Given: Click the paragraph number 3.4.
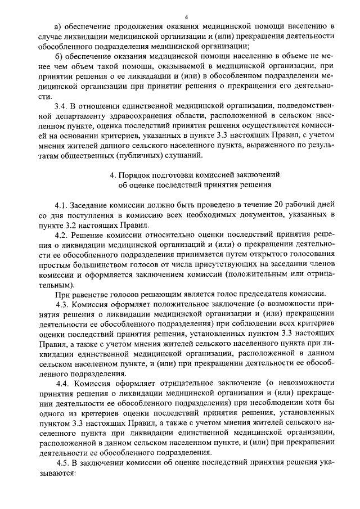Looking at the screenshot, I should click(x=60, y=105).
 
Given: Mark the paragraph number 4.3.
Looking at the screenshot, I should click(x=62, y=304).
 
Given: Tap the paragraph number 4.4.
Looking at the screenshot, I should click(x=62, y=382).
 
